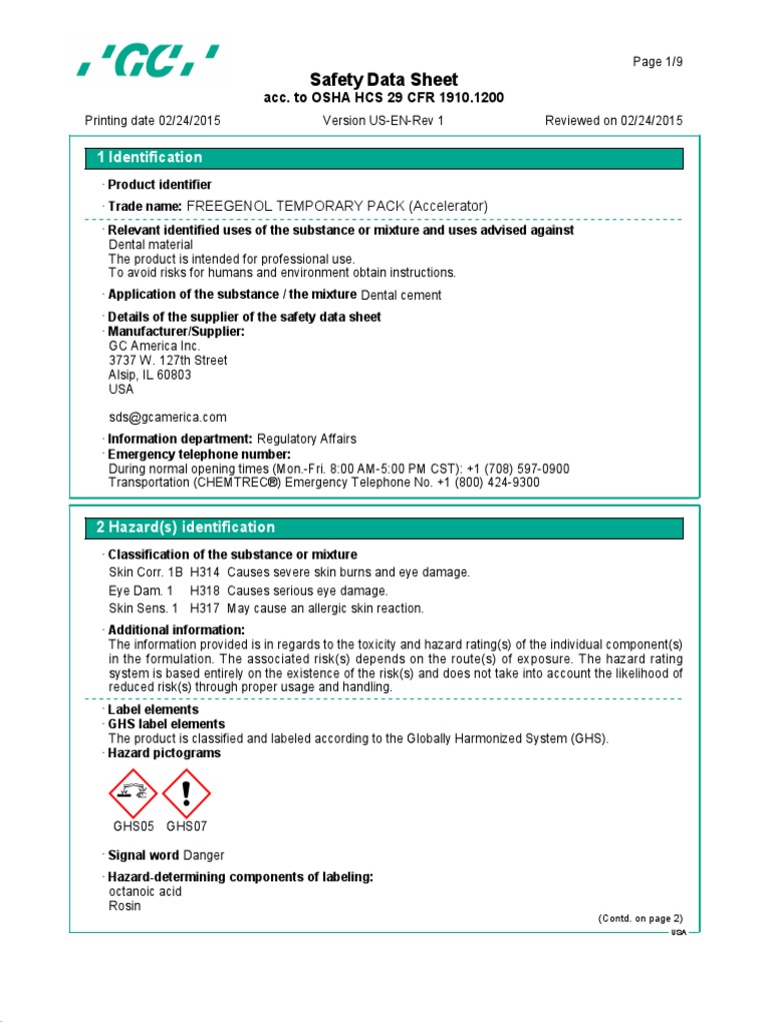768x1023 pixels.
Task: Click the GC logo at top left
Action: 149,64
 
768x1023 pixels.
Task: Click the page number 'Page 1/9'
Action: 659,62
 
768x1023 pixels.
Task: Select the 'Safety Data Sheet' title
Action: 384,80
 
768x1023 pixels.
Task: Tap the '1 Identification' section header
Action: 149,158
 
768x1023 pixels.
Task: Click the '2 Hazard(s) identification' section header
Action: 185,527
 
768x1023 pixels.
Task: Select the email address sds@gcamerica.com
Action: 167,417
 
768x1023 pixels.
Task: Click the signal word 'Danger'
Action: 204,855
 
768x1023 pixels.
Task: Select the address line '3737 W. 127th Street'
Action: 167,361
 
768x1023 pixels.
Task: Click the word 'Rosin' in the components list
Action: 124,906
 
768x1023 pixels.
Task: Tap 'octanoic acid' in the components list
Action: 145,891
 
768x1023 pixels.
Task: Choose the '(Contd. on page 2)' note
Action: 640,918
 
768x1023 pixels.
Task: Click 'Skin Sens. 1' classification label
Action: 143,608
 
